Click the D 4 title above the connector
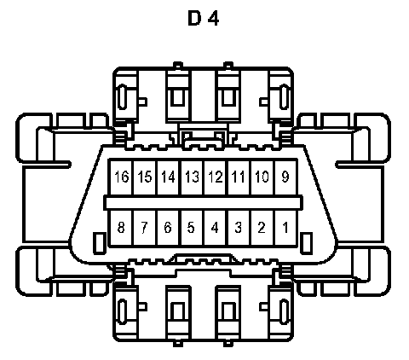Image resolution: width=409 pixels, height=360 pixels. tap(204, 18)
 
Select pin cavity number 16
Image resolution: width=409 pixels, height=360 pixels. tap(121, 177)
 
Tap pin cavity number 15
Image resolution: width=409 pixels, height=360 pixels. tap(145, 177)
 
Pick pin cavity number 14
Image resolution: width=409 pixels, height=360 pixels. tap(168, 177)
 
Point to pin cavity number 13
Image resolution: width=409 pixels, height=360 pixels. tap(192, 177)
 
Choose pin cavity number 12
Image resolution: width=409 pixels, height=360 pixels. tap(216, 177)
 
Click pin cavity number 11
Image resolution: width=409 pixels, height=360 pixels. tap(239, 177)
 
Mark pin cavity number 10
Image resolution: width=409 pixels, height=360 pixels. tap(262, 177)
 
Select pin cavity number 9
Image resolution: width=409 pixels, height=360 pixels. tap(285, 177)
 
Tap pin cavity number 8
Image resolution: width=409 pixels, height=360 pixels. tap(121, 228)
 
